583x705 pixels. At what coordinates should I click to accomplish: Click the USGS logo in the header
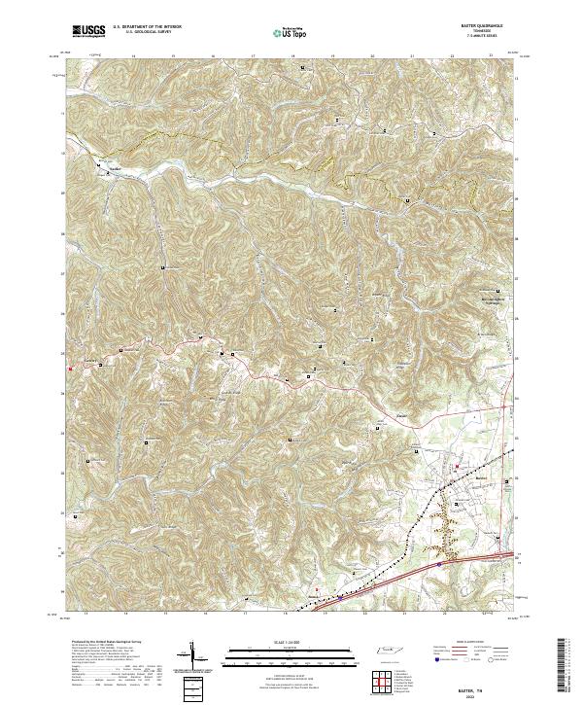[x=89, y=31]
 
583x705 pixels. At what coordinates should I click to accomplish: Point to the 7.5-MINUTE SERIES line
[x=488, y=36]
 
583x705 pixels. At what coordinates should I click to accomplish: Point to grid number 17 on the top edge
[x=253, y=56]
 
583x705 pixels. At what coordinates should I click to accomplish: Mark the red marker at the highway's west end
[x=70, y=368]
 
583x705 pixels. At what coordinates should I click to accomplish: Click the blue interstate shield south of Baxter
[x=438, y=560]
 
